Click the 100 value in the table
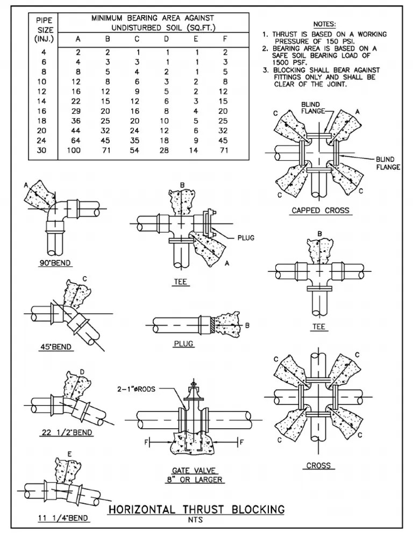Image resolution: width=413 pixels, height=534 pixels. coord(74,150)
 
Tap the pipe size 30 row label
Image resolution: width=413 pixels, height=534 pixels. coord(44,150)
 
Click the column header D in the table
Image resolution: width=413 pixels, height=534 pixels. coord(167,39)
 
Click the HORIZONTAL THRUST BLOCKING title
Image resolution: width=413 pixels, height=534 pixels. coord(196,509)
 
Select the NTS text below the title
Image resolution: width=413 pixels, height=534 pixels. coord(196,520)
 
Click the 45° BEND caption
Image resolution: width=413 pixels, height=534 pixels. coord(56,347)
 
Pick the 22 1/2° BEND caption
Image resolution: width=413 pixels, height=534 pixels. coord(67,432)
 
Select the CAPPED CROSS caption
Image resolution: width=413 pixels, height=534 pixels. coord(320,211)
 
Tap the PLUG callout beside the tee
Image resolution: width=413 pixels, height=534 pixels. coord(246,237)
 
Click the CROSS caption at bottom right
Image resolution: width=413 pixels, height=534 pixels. coord(318,465)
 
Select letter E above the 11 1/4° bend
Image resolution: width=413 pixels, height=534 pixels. coord(70,454)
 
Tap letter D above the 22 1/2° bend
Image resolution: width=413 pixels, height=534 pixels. coord(82,371)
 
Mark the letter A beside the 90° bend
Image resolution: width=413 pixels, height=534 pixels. coord(25,185)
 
